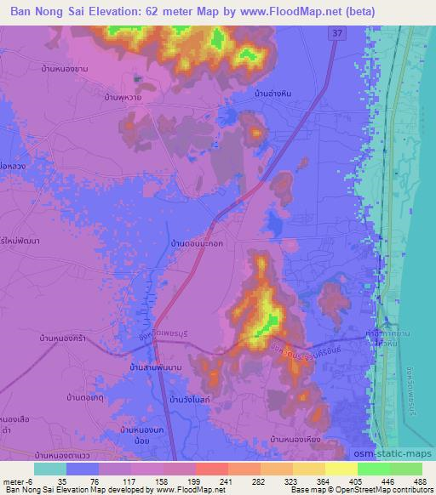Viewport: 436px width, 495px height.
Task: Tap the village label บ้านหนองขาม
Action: pyautogui.click(x=65, y=68)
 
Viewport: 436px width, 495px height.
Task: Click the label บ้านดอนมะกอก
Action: pyautogui.click(x=197, y=243)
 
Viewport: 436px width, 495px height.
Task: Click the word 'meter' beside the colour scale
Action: pyautogui.click(x=14, y=480)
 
